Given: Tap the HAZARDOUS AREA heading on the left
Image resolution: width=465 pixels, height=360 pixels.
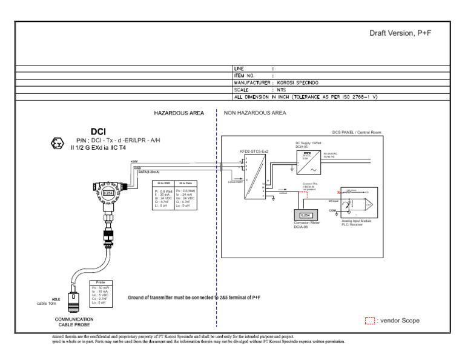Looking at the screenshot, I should [180, 113].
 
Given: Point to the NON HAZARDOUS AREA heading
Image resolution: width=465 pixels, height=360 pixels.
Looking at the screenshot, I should [255, 113].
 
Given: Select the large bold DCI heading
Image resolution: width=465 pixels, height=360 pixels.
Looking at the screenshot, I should [98, 132].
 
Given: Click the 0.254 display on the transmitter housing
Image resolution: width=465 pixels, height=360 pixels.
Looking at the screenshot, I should [108, 193].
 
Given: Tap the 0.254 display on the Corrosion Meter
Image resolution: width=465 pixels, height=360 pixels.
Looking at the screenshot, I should [306, 215].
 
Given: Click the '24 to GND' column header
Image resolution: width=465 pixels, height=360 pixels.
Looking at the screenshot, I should [163, 182].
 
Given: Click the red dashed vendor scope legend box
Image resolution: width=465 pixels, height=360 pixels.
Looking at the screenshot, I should [370, 321].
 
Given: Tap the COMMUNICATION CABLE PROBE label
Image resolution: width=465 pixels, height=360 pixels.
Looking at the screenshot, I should [74, 322].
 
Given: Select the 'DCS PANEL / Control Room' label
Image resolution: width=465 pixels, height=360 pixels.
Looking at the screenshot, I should [357, 132].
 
